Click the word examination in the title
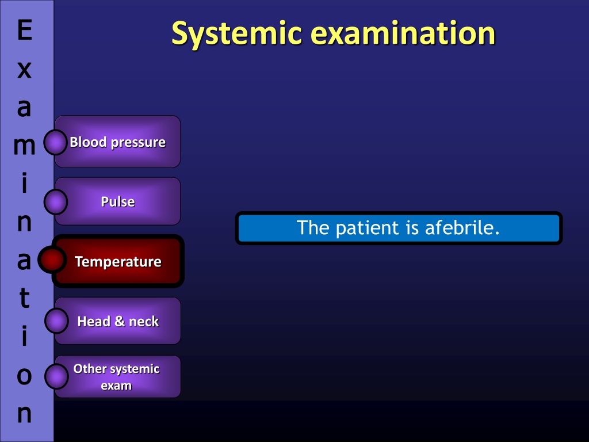pos(403,33)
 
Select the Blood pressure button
pos(117,142)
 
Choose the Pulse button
pos(117,201)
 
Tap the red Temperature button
pos(118,261)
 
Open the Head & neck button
pos(117,321)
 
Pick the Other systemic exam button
pos(117,376)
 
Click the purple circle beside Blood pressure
pos(56,142)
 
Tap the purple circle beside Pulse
pos(56,202)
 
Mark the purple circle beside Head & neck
pos(56,321)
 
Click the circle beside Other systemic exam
pos(56,376)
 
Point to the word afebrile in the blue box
pos(462,227)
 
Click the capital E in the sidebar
pos(24,30)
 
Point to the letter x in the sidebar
pos(24,70)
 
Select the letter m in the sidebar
pos(24,146)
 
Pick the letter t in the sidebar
pos(24,298)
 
